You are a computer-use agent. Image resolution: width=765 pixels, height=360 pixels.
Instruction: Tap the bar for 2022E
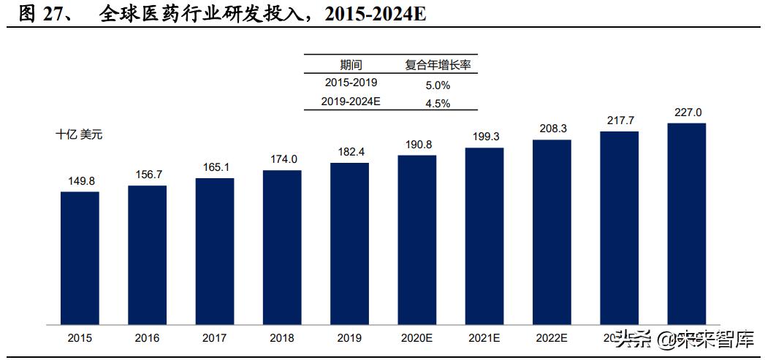pyautogui.click(x=552, y=231)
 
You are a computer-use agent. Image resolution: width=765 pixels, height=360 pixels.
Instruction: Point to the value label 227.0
pyautogui.click(x=687, y=112)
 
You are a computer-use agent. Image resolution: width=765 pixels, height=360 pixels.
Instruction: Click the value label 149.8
pyautogui.click(x=80, y=182)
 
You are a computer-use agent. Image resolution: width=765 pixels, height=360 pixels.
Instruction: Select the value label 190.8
pyautogui.click(x=417, y=145)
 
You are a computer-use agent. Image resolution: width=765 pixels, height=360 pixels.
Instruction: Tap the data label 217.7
pyautogui.click(x=620, y=120)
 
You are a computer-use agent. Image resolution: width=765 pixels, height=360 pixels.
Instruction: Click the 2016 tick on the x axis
pyautogui.click(x=148, y=338)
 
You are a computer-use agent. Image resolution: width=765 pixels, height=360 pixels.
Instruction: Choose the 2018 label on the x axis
pyautogui.click(x=282, y=338)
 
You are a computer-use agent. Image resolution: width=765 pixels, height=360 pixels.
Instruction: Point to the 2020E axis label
pyautogui.click(x=417, y=338)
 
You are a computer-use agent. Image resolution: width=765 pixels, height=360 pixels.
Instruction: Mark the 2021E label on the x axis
pyautogui.click(x=484, y=338)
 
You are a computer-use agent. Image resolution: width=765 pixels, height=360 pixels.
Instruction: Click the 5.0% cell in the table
pyautogui.click(x=438, y=85)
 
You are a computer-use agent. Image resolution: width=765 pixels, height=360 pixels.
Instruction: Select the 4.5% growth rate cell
pyautogui.click(x=438, y=103)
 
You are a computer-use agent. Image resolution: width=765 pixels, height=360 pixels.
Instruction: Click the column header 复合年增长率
pyautogui.click(x=438, y=65)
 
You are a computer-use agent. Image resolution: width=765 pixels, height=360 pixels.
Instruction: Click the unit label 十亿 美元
pyautogui.click(x=80, y=134)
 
